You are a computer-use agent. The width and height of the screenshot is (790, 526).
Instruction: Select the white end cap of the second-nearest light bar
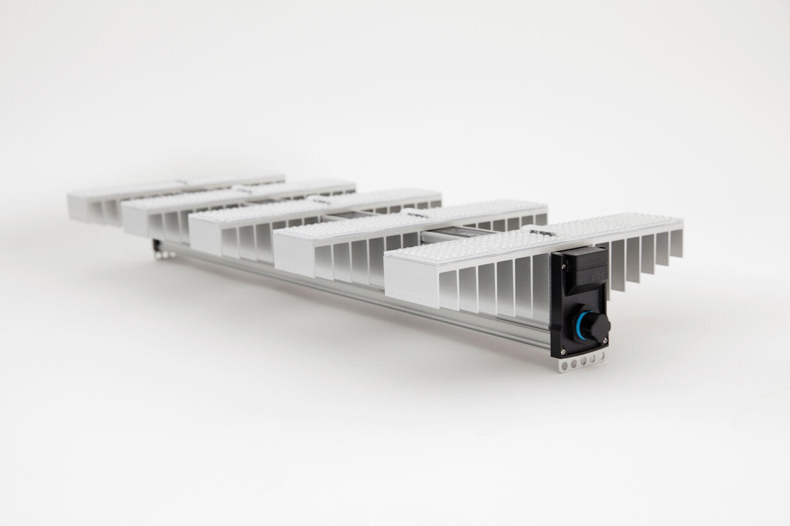point(293,255)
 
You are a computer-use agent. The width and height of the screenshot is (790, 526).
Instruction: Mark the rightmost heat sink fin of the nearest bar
point(676,242)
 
